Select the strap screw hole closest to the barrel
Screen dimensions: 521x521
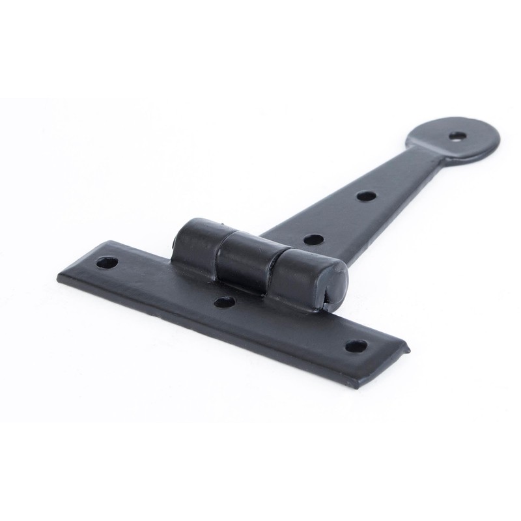(x=314, y=239)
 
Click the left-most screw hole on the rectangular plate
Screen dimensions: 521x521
(x=105, y=264)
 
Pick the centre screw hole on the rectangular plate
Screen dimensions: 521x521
(x=224, y=302)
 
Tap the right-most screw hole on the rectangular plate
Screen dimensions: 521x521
(x=355, y=346)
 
